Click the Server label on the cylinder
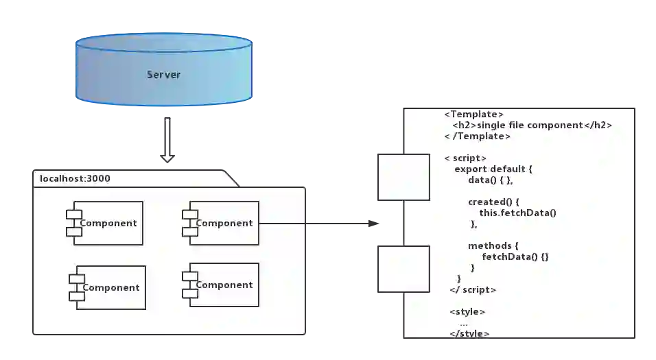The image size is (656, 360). tap(163, 74)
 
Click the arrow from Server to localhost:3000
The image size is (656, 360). tap(167, 141)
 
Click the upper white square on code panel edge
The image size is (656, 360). tap(403, 178)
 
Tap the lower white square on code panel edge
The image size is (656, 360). tap(403, 269)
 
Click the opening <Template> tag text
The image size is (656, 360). tap(474, 115)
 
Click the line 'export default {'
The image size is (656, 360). tap(493, 169)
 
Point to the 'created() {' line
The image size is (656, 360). tap(495, 202)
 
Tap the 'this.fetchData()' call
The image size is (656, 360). tap(517, 213)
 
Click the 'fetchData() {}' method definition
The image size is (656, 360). tap(515, 256)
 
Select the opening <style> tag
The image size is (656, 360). tap(467, 312)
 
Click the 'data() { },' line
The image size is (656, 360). tap(490, 180)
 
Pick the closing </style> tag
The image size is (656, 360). tap(469, 333)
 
